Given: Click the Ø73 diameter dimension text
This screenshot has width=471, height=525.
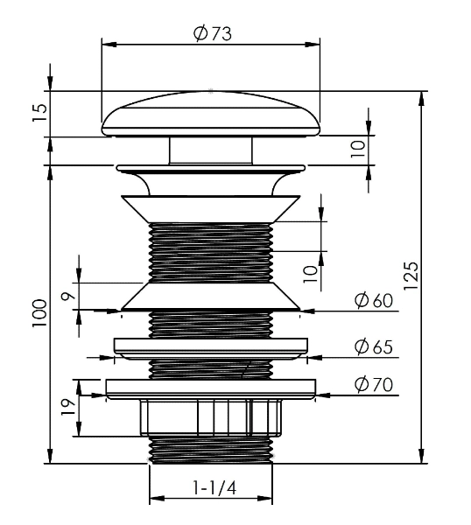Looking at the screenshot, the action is tap(213, 33).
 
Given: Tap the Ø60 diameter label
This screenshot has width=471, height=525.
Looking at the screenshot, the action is tap(374, 300).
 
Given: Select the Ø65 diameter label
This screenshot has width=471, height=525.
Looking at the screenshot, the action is tap(374, 346).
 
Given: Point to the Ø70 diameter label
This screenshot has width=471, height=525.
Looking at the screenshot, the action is tap(374, 384).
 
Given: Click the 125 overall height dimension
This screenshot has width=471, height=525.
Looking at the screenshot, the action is tap(411, 276).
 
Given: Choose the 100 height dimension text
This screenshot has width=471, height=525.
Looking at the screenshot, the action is tap(39, 314).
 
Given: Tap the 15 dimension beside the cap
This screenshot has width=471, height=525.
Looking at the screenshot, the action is tap(40, 113).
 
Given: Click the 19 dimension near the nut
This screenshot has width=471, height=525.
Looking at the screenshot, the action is tap(68, 407).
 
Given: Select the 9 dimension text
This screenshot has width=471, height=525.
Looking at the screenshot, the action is tap(68, 296).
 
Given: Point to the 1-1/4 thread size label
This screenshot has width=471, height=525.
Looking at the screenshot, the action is tap(214, 487).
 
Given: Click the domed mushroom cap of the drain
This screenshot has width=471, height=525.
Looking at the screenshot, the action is tap(211, 114).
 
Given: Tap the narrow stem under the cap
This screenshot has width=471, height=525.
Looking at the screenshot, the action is tap(211, 150).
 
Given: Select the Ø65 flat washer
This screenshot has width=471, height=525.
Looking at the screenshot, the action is tap(211, 349).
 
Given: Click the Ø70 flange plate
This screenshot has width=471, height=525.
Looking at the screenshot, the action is tap(211, 388).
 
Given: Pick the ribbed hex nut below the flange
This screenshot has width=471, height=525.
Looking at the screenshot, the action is tap(211, 417).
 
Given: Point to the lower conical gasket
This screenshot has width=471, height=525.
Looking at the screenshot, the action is tap(211, 296).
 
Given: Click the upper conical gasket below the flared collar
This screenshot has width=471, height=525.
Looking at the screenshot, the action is tap(211, 209).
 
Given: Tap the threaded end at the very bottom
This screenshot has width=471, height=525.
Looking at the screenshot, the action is tap(211, 450).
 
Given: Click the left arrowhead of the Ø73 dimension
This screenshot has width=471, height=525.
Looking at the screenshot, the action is tap(109, 45).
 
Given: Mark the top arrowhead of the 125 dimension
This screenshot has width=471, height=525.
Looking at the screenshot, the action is tap(421, 98).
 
